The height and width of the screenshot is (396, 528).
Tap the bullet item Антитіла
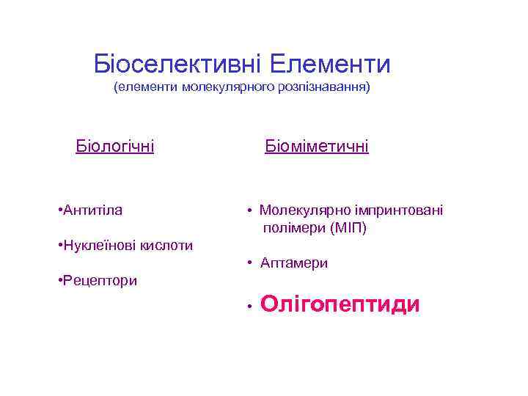click(92, 210)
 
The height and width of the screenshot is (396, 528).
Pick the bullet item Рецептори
click(99, 280)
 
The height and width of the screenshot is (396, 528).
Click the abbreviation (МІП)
click(348, 228)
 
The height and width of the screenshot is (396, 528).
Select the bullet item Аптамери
click(294, 263)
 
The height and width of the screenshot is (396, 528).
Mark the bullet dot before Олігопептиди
click(250, 305)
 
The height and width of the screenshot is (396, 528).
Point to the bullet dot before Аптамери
click(250, 263)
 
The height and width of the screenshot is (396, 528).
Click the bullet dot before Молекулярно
click(250, 211)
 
